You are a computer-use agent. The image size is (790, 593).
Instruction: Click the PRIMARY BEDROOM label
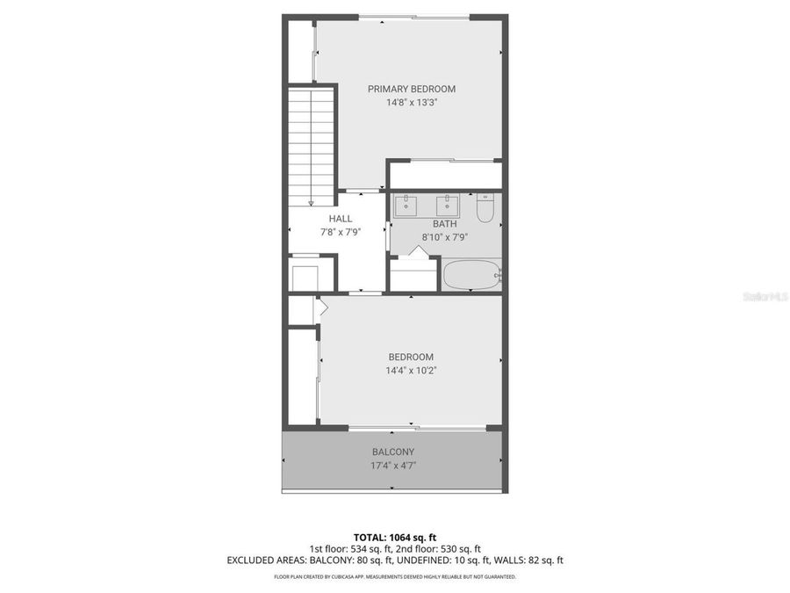pos(411,89)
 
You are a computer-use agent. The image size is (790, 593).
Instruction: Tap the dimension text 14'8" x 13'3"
pos(411,102)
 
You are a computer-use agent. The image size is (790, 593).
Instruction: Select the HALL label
pos(341,219)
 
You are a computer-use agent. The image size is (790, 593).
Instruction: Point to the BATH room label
pos(444,224)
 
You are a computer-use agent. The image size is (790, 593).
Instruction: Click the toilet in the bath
pos(486,207)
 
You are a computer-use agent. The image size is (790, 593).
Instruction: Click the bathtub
pos(471,276)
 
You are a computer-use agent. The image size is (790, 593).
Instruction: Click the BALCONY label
pos(392,452)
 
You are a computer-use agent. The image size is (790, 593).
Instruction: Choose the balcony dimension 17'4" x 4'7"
pos(392,466)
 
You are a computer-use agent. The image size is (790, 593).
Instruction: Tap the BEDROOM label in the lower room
pos(411,357)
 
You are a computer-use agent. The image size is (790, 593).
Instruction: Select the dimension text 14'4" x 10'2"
pos(411,370)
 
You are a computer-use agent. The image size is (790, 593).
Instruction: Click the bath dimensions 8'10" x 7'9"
pos(444,237)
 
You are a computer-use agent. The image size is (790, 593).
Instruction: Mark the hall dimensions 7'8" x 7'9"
pos(341,232)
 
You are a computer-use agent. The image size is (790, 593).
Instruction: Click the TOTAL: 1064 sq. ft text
pos(394,537)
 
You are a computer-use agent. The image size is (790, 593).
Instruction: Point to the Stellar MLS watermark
pos(765,297)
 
